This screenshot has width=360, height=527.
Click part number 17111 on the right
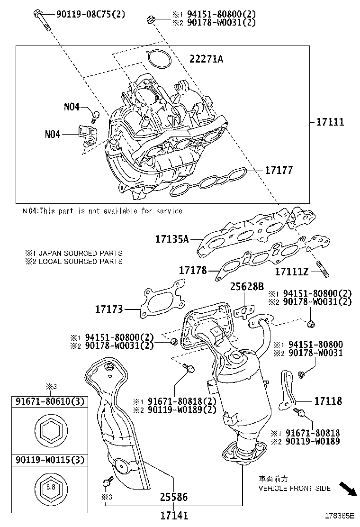330,122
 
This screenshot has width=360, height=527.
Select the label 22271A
206,59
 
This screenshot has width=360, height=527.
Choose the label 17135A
172,239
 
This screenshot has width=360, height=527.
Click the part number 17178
193,270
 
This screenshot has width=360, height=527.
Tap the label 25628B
246,287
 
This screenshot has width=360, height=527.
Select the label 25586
174,497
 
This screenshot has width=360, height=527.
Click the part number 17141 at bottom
174,515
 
